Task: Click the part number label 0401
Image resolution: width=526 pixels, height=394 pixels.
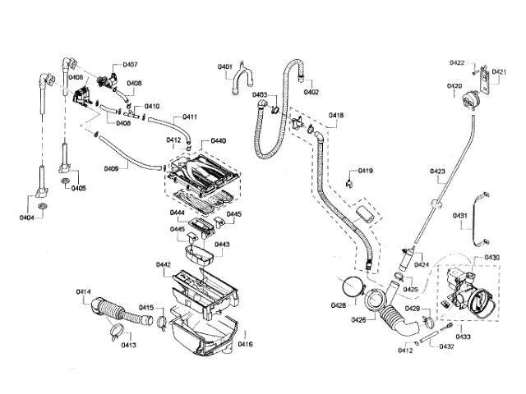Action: pos(225,66)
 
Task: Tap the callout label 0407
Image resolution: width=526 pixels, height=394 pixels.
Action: pos(131,64)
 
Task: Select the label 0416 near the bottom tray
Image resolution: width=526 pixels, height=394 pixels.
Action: pos(245,344)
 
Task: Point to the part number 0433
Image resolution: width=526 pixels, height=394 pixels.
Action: pos(463,337)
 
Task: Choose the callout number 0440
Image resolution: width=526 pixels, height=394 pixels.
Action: pos(218,141)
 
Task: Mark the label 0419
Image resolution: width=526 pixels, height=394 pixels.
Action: pos(365,171)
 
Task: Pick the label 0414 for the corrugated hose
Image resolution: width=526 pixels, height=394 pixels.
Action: pos(83,292)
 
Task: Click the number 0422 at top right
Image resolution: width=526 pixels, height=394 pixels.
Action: pos(457,62)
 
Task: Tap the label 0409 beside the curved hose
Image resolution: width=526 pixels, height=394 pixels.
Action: pos(112,169)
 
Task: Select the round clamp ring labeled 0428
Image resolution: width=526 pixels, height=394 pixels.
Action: pos(353,286)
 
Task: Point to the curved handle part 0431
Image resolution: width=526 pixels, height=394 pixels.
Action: pos(478,217)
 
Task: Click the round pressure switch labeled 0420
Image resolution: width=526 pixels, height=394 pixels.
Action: pos(471,101)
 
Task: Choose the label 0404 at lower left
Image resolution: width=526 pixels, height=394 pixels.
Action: pos(27,217)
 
